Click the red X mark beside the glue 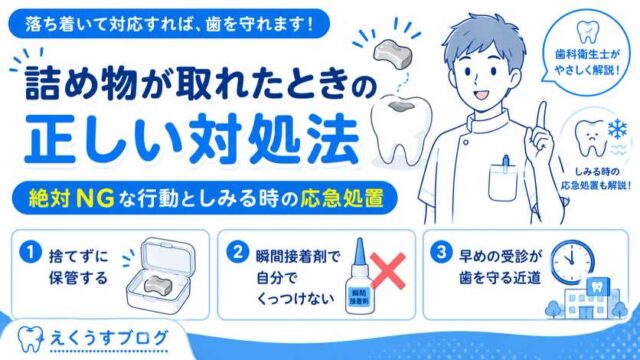click(x=387, y=271)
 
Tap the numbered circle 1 click(x=31, y=252)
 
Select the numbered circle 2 click(x=238, y=252)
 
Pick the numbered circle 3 click(x=441, y=252)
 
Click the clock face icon click(x=572, y=261)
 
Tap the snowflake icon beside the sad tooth click(x=617, y=130)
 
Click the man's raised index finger click(x=541, y=119)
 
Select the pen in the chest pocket click(x=506, y=163)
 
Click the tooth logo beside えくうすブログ click(x=30, y=339)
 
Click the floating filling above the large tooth click(x=393, y=54)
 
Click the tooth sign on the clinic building click(x=597, y=287)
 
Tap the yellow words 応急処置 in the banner click(x=342, y=199)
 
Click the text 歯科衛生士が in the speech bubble click(x=587, y=55)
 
